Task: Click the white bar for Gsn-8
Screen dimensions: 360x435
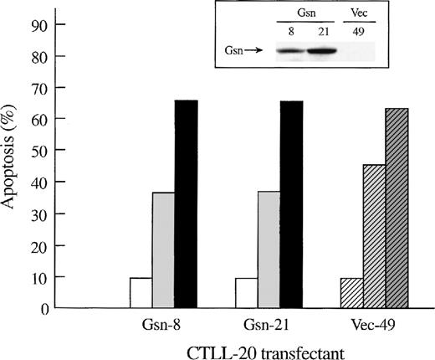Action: [x=141, y=293]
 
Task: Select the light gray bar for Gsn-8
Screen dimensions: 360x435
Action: [x=162, y=250]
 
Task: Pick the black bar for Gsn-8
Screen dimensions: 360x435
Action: [x=185, y=204]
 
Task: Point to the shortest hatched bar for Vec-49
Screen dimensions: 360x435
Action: [x=352, y=293]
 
